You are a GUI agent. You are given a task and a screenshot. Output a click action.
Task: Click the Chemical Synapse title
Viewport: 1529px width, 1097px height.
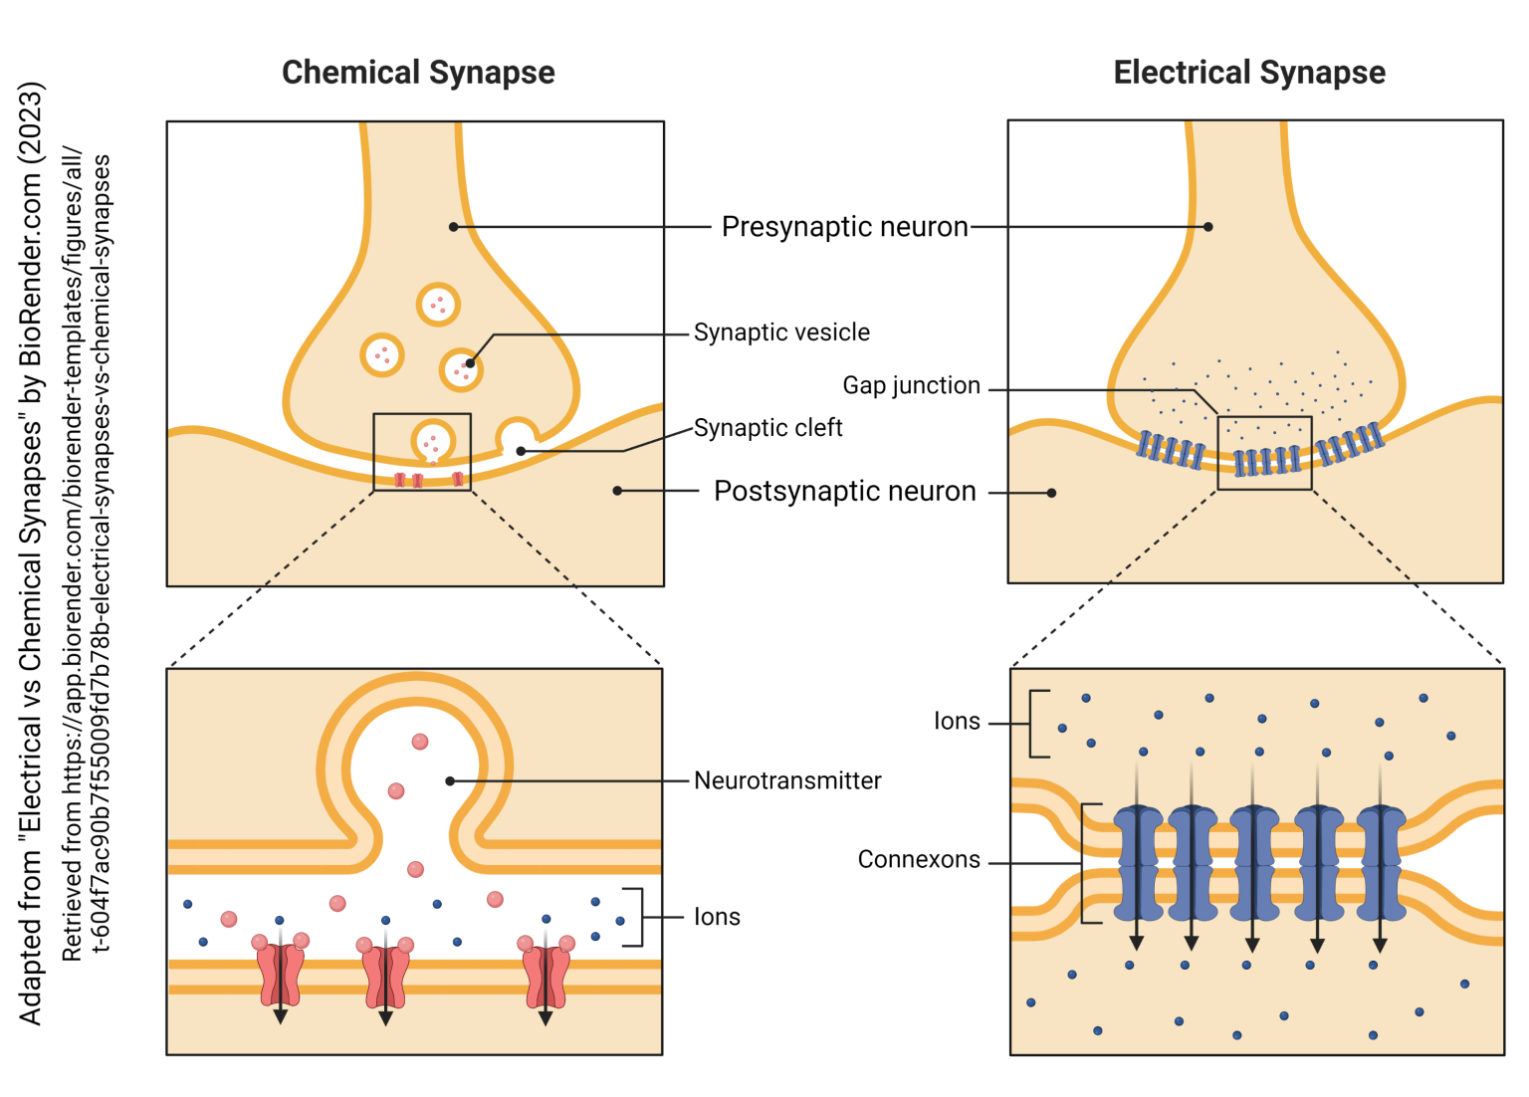click(418, 73)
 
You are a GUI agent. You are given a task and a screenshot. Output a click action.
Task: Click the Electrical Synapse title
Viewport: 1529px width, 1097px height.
click(1248, 73)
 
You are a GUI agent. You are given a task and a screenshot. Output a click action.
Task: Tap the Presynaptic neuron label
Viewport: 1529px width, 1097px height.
click(844, 227)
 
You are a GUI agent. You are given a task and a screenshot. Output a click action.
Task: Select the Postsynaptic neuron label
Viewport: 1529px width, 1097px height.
click(844, 492)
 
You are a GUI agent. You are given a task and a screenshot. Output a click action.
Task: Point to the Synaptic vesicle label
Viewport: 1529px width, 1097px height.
click(781, 332)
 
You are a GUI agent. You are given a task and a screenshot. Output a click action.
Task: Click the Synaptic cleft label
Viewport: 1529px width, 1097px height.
click(767, 428)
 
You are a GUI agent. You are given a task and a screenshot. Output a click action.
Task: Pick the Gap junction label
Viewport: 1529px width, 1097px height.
click(911, 386)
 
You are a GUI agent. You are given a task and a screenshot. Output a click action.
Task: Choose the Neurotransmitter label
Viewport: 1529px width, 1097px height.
click(787, 780)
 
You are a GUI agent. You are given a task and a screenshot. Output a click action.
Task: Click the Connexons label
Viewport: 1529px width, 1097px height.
click(919, 860)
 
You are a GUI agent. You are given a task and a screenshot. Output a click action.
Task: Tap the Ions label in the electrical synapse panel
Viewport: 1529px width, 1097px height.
click(957, 722)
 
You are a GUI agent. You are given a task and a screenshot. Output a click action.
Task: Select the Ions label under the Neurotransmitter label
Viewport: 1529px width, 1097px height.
click(717, 917)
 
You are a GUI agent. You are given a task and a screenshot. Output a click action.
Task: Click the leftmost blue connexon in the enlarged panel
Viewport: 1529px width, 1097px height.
click(1138, 862)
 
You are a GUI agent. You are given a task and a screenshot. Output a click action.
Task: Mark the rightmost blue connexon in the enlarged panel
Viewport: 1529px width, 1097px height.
click(1381, 862)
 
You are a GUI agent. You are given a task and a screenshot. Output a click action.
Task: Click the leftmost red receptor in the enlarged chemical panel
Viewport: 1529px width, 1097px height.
click(280, 976)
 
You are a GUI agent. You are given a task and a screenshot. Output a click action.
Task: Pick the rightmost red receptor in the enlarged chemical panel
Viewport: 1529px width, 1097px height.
click(546, 976)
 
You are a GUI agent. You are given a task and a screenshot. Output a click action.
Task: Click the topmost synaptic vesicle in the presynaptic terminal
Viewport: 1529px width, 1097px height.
click(438, 305)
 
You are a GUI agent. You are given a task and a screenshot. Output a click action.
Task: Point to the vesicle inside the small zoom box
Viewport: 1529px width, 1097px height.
click(432, 441)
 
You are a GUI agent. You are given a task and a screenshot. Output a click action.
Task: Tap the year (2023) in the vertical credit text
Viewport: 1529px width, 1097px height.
click(31, 122)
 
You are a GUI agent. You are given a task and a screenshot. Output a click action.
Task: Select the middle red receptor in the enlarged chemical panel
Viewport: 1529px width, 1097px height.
click(385, 976)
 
